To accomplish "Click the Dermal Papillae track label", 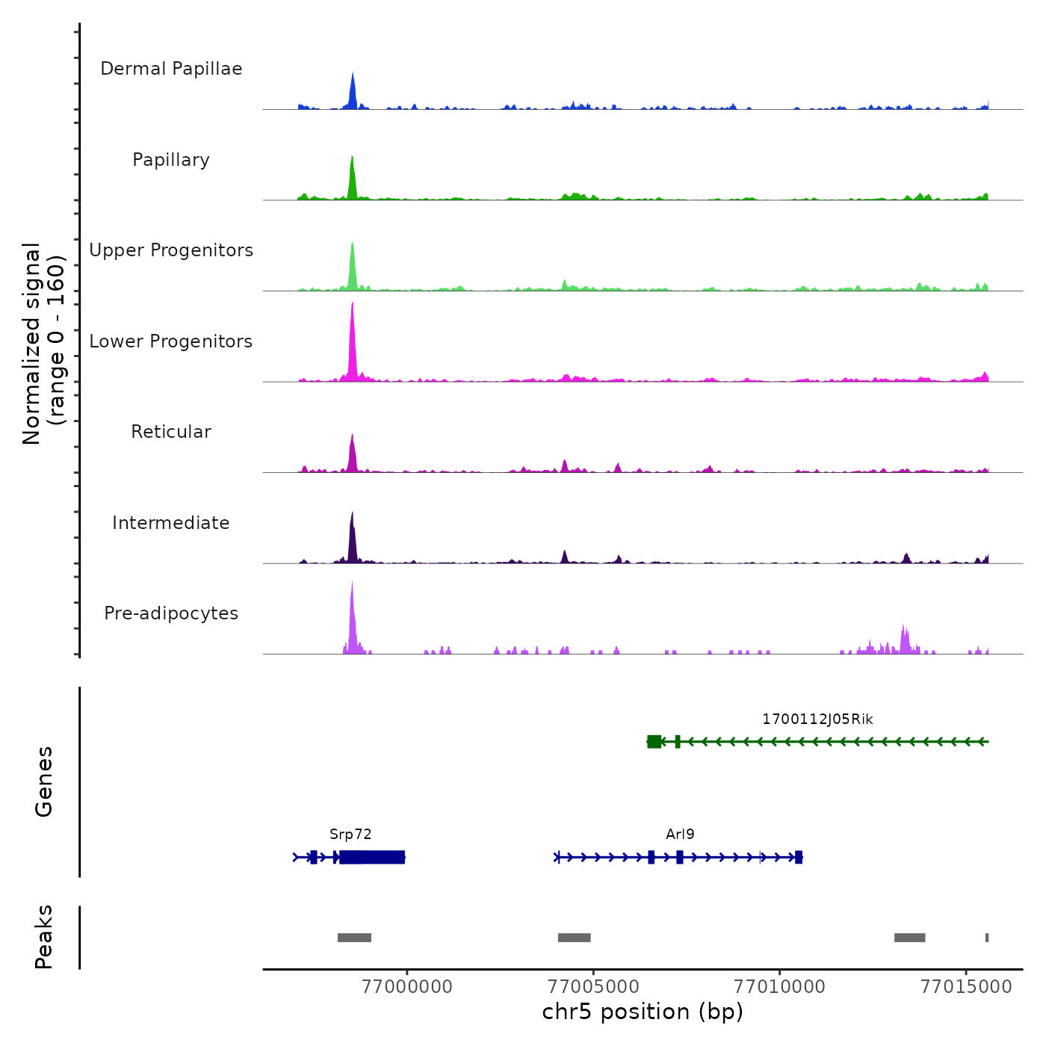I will coord(171,69).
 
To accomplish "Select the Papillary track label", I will coord(171,160).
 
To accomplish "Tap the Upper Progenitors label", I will coord(171,250).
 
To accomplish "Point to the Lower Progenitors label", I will coord(171,341).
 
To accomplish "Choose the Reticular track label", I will coord(171,432).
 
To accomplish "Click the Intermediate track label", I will coord(171,523).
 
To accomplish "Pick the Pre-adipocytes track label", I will coord(171,613).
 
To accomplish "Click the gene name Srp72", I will coord(350,835).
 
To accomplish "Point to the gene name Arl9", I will coord(680,835).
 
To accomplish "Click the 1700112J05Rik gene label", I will coord(817,719).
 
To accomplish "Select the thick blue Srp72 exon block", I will coord(372,857).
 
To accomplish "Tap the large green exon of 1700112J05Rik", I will coord(654,741).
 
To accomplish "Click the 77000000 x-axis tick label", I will coord(406,986).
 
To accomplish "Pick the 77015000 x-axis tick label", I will coord(966,986).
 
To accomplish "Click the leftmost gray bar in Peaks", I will coord(354,938).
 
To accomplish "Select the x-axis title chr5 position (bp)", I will coord(643,1012).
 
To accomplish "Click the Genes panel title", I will coord(44,782).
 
